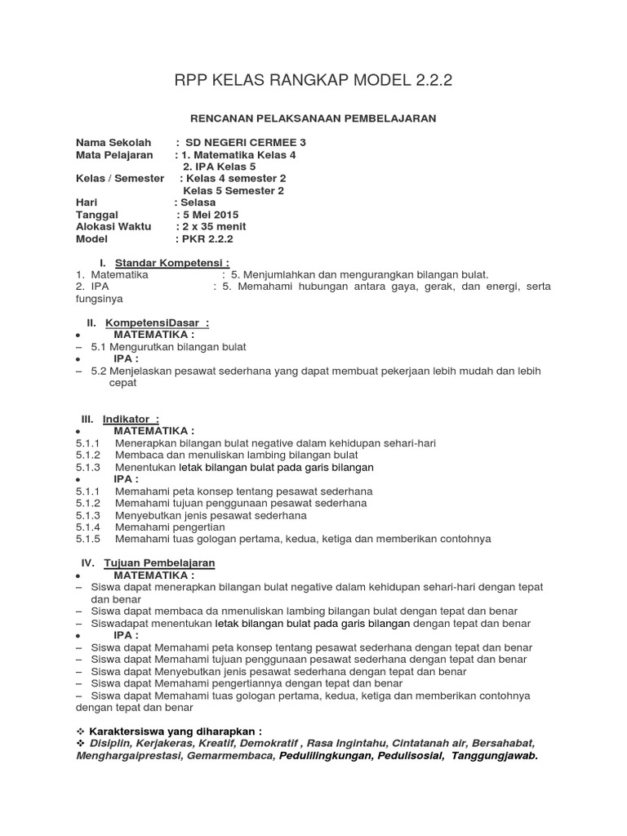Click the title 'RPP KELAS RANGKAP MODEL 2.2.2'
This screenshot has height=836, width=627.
point(313,80)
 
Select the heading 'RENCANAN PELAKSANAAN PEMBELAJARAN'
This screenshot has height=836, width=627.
point(313,118)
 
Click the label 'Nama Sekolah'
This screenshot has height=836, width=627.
point(113,142)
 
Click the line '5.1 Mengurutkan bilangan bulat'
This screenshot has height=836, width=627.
point(163,346)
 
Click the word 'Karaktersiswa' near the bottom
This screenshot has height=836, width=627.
point(129,731)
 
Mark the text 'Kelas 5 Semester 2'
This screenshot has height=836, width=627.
point(233,190)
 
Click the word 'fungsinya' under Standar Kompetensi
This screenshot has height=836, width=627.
point(99,299)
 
